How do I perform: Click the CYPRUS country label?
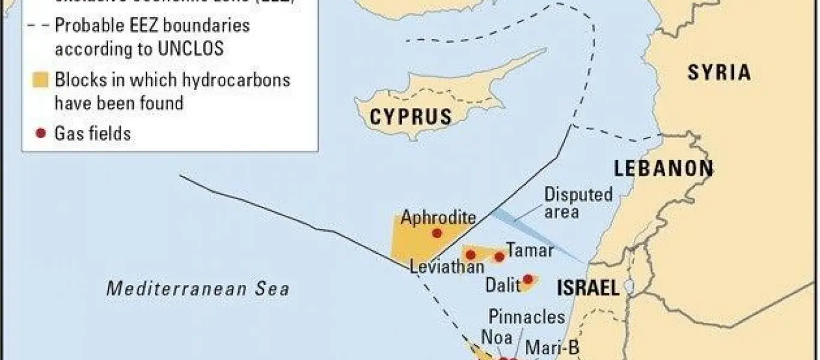411,116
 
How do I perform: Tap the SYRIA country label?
719,73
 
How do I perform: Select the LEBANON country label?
663,169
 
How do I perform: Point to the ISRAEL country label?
588,288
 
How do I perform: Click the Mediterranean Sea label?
198,289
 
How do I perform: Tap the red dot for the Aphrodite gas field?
437,233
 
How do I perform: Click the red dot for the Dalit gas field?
528,278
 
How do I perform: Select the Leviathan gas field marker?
471,255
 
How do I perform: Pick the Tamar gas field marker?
499,257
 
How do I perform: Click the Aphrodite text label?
438,218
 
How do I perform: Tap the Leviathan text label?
447,268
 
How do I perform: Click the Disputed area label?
570,203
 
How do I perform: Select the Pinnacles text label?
526,316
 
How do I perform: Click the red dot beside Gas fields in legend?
41,133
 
